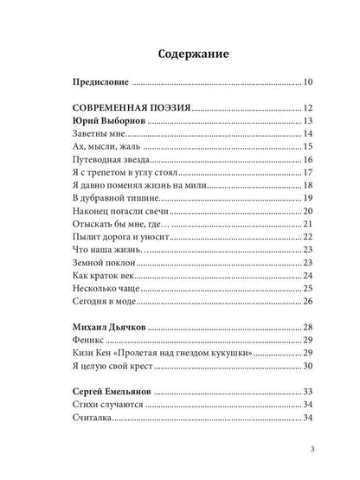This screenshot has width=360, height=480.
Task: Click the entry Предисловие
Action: [x=99, y=83]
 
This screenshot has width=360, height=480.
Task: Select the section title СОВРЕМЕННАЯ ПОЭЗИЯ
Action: [x=128, y=108]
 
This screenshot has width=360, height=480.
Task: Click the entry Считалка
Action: [x=89, y=419]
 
